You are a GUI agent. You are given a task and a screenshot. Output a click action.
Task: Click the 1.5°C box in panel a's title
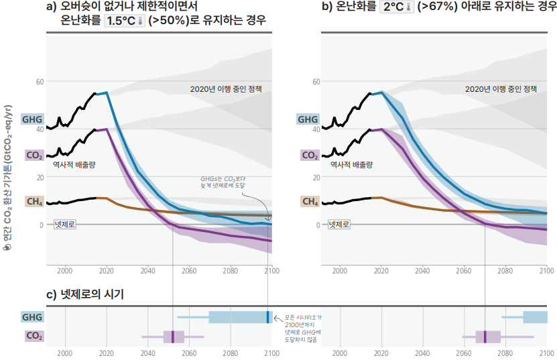pos(125,21)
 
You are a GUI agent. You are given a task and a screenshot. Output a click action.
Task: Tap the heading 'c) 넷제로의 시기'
pos(85,294)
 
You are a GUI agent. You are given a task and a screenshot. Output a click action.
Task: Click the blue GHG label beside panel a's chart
pos(32,119)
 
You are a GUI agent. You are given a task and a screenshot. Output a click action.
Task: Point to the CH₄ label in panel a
pos(34,201)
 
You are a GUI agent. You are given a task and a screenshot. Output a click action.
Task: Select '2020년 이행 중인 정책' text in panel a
pos(227,88)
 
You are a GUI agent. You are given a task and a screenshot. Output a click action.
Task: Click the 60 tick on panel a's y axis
pos(40,81)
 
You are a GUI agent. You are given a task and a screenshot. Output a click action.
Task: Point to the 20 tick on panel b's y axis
pos(315,177)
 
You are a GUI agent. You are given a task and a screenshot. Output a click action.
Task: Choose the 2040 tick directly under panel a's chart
pos(147,272)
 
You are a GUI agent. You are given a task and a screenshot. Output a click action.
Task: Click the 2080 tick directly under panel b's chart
pos(505,272)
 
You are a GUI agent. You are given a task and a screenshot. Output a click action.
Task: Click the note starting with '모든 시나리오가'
pos(301,328)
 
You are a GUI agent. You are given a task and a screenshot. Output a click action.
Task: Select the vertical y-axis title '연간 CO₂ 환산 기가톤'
pos(7,174)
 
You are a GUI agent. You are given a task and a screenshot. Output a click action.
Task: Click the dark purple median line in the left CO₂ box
pos(172,337)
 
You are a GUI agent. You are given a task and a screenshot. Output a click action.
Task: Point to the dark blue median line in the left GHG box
pos(267,317)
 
